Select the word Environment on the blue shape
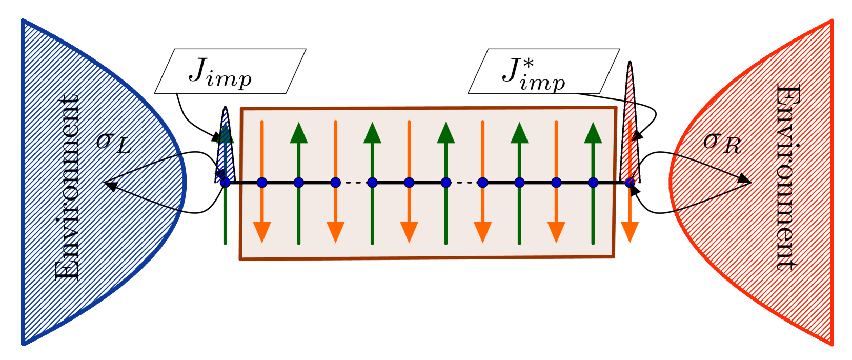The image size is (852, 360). tap(67, 187)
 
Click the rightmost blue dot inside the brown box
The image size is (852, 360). tap(593, 183)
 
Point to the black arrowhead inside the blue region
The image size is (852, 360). tap(109, 185)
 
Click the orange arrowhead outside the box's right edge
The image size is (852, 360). tap(630, 232)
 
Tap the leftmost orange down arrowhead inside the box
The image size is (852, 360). tap(262, 232)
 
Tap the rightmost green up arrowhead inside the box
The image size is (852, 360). tap(593, 133)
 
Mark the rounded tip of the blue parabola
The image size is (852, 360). tap(185, 182)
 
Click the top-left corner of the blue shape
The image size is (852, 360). tap(23, 21)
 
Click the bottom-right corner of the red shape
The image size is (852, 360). tap(831, 343)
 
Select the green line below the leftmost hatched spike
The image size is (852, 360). tap(225, 215)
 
